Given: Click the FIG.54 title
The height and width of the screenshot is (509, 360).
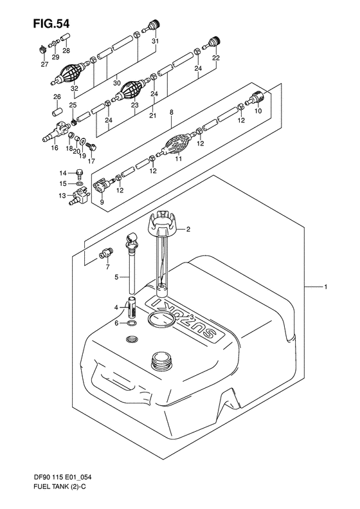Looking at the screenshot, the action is pyautogui.click(x=51, y=24).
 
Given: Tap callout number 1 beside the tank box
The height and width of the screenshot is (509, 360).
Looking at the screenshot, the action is pyautogui.click(x=325, y=286).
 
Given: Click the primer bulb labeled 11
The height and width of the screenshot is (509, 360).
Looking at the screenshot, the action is pyautogui.click(x=176, y=145).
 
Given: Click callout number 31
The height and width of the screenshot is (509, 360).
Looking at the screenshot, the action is pyautogui.click(x=156, y=41).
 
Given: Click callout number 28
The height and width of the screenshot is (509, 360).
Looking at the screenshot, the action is pyautogui.click(x=66, y=51).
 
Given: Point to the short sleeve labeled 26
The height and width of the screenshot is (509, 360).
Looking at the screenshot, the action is pyautogui.click(x=57, y=111).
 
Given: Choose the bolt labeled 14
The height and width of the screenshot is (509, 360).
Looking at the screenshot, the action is pyautogui.click(x=79, y=174).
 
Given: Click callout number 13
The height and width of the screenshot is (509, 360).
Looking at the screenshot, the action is pyautogui.click(x=62, y=196).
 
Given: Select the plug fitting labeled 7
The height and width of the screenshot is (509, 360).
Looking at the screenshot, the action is pyautogui.click(x=106, y=253).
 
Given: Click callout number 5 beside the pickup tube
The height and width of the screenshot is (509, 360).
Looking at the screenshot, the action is pyautogui.click(x=116, y=277).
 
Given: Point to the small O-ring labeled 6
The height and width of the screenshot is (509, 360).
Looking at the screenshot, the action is pyautogui.click(x=132, y=323).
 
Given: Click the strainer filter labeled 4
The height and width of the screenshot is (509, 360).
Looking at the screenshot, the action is pyautogui.click(x=131, y=308).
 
